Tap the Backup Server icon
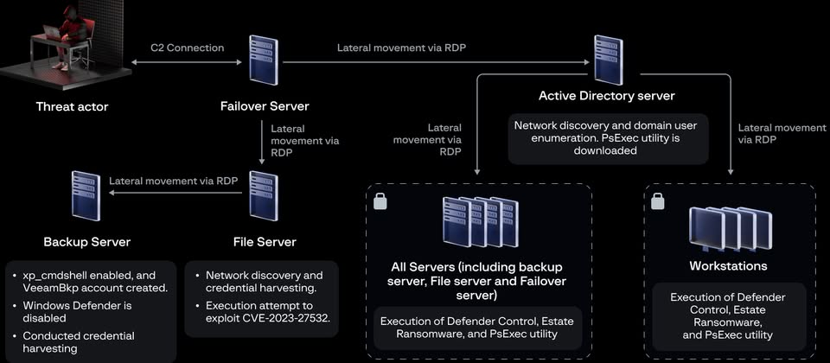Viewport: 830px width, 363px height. (x=86, y=196)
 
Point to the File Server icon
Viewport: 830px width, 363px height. (x=263, y=197)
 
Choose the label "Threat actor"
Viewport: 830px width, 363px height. (x=72, y=107)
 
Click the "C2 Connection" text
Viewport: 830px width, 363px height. (x=187, y=48)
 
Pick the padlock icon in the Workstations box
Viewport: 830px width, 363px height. (x=658, y=201)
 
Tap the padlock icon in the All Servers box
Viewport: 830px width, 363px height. (x=380, y=201)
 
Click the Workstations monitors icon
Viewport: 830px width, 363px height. (x=722, y=228)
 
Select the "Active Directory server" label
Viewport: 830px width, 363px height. (x=606, y=95)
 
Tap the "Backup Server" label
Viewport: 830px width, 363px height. (x=86, y=241)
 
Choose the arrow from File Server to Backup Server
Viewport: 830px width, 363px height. (x=173, y=196)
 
